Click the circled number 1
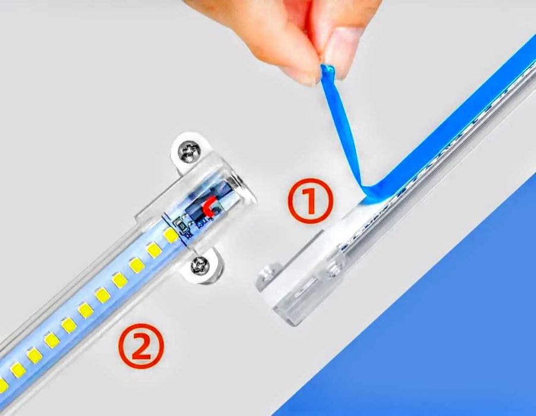click(311, 201)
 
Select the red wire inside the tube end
click(209, 207)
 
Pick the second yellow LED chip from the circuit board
click(154, 250)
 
